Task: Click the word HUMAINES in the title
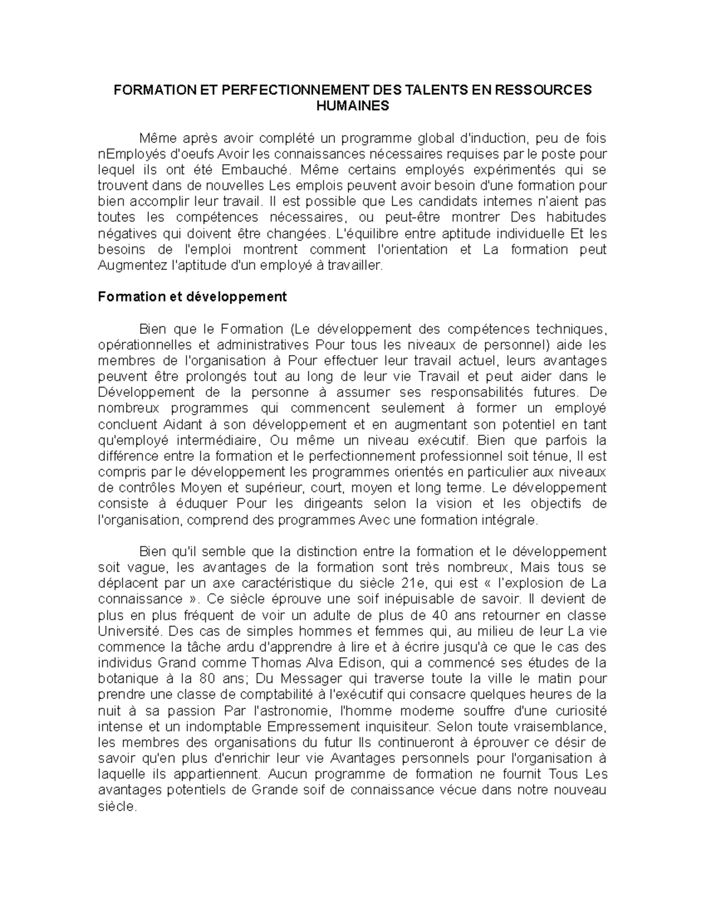[352, 106]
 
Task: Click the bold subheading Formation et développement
[192, 297]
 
